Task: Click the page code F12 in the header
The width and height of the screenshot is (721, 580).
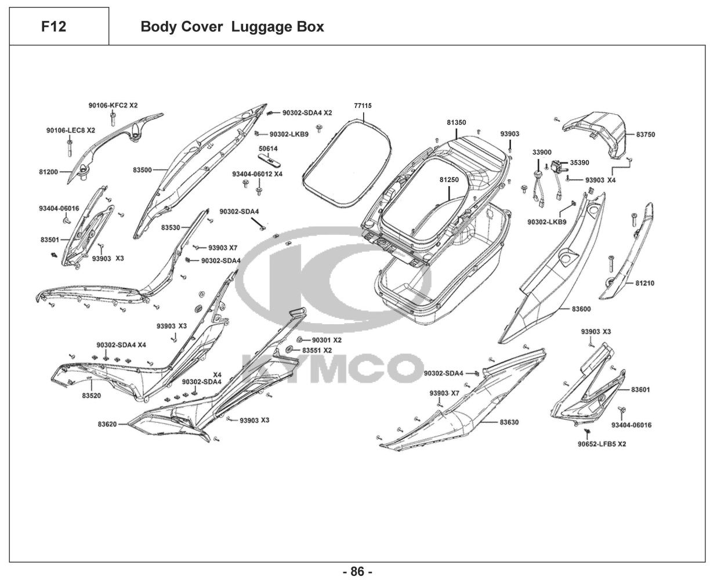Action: tap(53, 27)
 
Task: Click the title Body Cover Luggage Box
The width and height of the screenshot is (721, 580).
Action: tap(232, 27)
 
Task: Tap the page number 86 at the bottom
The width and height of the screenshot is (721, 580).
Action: tap(357, 571)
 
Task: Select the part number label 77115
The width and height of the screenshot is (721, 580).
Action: tap(363, 106)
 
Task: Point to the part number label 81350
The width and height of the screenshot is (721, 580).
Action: tap(456, 123)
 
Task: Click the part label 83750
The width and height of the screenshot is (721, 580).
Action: tap(645, 135)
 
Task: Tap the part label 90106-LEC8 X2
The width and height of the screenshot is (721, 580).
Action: tap(70, 130)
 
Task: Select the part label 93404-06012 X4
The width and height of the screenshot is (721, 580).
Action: tap(257, 174)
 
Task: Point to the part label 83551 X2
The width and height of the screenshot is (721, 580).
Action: tap(317, 351)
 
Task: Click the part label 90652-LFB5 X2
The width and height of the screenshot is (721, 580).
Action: tap(601, 444)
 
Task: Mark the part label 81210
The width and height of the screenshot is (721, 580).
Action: tap(644, 284)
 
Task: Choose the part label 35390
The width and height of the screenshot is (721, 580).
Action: tap(579, 163)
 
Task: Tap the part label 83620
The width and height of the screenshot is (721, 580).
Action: tap(107, 425)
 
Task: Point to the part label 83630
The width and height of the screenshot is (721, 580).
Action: tap(509, 422)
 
